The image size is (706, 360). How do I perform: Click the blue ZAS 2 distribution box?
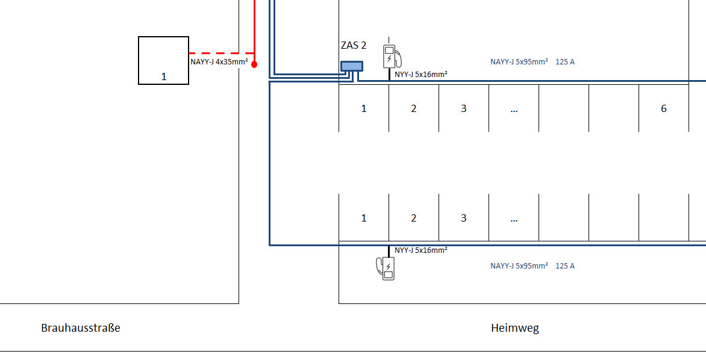pos(352,66)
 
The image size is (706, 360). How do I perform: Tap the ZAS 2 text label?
pos(354,45)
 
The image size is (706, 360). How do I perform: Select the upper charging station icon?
pos(392,56)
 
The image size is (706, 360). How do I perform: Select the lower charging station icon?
pos(386,268)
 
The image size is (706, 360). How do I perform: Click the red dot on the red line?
pos(254,64)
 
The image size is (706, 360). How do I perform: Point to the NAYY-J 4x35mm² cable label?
pos(219,62)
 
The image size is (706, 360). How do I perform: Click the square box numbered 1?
pos(163,60)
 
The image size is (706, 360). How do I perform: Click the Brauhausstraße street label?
pos(81,327)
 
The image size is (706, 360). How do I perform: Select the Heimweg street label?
pos(514,328)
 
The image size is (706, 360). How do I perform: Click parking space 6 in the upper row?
pos(664,108)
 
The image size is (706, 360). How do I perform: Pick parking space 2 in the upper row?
pos(414,108)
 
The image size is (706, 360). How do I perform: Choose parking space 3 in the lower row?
pos(464,219)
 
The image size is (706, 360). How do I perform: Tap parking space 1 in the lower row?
pos(364,219)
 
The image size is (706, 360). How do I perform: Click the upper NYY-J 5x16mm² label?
pos(421,75)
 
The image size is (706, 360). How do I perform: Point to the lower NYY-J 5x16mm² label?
pos(421,250)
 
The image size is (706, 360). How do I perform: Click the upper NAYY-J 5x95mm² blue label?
pos(519,62)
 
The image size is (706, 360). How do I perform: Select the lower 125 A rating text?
pos(565,266)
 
